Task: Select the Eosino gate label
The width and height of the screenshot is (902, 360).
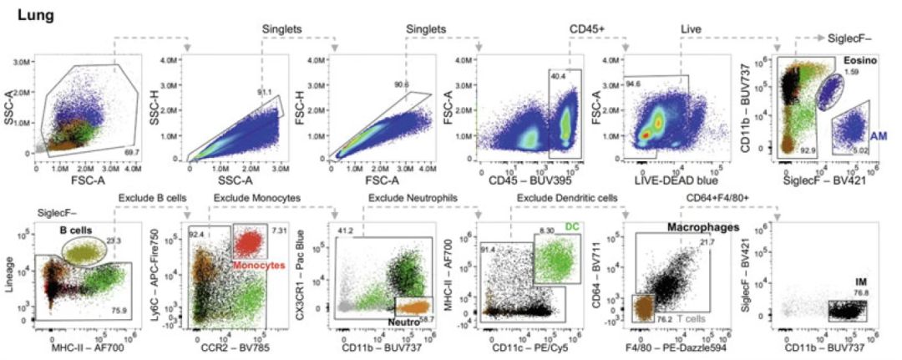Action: (x=859, y=62)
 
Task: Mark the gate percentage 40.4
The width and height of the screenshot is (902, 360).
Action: (x=558, y=76)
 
